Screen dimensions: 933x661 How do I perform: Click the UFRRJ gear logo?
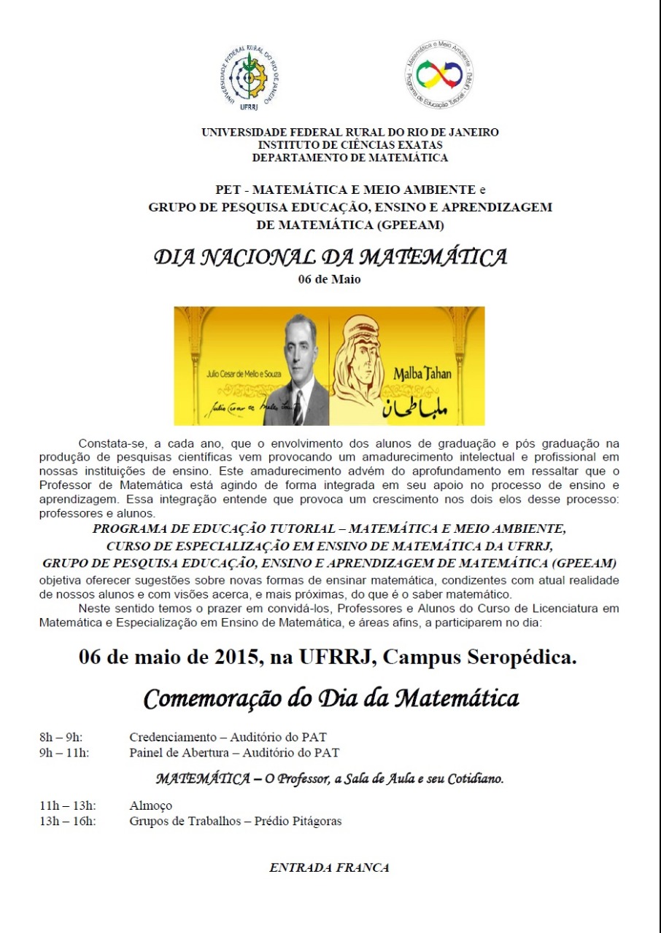(250, 77)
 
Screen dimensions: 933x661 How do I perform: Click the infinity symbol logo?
(439, 75)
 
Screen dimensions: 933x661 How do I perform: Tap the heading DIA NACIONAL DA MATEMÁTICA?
(330, 257)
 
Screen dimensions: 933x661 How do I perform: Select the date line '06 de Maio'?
(329, 279)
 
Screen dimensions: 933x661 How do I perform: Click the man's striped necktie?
(298, 408)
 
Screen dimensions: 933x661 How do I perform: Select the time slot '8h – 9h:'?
(61, 737)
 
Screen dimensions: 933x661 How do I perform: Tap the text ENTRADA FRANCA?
(329, 867)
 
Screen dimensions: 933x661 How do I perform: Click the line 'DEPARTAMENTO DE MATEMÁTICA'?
(350, 157)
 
